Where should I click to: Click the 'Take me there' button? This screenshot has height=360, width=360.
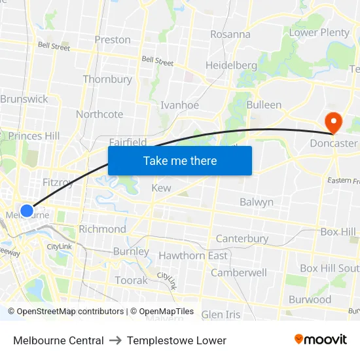point(180,160)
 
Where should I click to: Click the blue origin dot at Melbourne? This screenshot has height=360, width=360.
point(26,210)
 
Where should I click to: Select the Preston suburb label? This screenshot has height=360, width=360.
point(113,40)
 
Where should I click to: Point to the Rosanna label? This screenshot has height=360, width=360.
point(230,35)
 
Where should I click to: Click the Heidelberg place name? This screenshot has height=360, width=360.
point(231,65)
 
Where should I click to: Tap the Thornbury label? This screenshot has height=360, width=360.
point(107,80)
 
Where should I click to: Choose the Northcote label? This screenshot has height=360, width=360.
point(99,115)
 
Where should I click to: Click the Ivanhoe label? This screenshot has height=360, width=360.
point(179,105)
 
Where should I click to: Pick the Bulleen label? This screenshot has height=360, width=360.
point(264,105)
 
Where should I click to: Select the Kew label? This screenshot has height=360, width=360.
point(161,189)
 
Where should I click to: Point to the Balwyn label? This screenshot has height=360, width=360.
point(257,202)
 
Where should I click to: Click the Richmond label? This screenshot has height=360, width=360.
point(102,230)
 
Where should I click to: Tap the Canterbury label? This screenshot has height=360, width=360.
point(242,239)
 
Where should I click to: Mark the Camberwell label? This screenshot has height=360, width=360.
point(238,272)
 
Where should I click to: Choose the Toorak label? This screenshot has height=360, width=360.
point(132,280)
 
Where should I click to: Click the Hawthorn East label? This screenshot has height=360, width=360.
point(193,256)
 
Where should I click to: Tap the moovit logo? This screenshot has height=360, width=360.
point(320,340)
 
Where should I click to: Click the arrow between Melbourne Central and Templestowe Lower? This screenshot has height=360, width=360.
point(115,340)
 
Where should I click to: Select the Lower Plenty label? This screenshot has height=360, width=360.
point(319,33)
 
